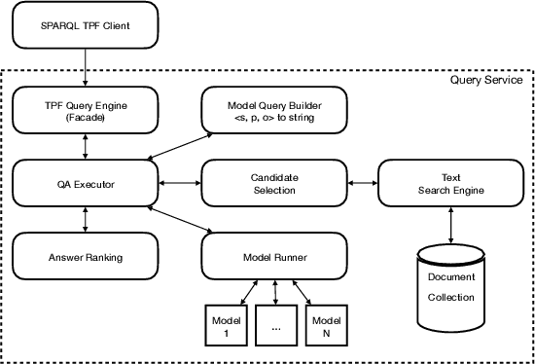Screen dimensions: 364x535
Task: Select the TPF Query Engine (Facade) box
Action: click(x=85, y=109)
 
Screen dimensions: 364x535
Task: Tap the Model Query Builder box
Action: click(x=275, y=109)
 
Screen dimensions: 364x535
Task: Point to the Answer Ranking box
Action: click(x=85, y=258)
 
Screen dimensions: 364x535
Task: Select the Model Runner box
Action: click(x=275, y=258)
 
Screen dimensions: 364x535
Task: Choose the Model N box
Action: click(x=327, y=324)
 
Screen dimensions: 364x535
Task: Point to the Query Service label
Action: click(x=485, y=80)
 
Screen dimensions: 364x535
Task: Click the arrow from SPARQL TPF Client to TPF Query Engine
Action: click(x=85, y=68)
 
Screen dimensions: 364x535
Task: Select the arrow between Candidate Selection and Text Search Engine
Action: click(x=363, y=183)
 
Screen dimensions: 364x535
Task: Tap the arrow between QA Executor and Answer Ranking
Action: click(x=86, y=221)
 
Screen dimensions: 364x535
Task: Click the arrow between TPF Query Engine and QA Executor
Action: click(x=86, y=146)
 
